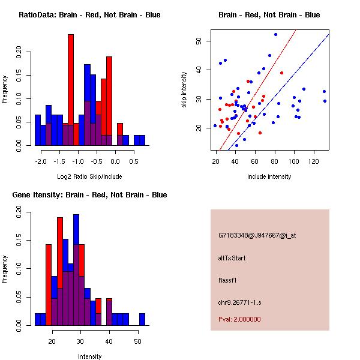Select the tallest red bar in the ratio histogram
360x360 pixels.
pos(71,78)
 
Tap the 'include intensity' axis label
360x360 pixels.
pos(269,176)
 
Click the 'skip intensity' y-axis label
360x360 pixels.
pos(185,90)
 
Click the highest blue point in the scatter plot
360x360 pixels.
pos(275,34)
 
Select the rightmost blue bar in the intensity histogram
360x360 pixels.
pos(142,319)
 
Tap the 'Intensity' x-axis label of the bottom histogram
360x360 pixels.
pos(89,356)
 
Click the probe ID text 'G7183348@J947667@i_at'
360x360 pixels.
pos(257,235)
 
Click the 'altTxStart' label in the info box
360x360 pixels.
pos(232,258)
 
